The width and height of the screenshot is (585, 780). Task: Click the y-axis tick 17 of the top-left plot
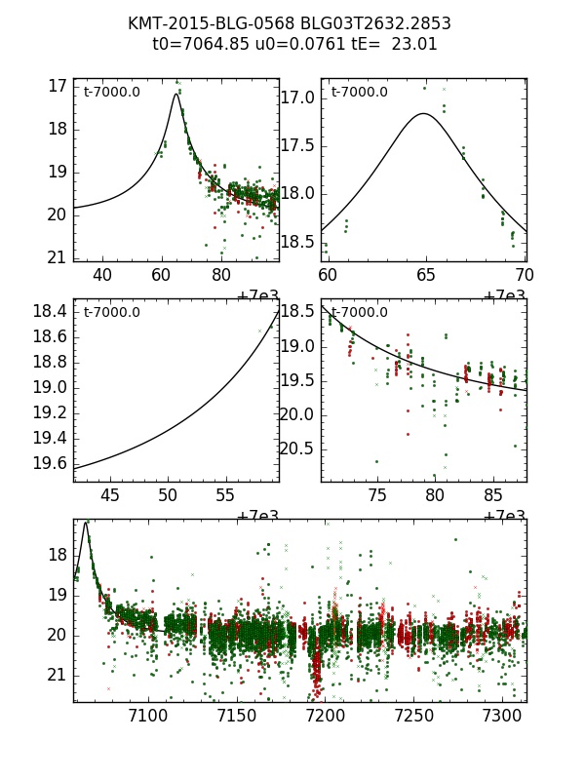(57, 86)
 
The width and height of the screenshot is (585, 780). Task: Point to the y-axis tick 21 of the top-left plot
(57, 257)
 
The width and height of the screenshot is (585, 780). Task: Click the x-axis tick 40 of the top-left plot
(102, 275)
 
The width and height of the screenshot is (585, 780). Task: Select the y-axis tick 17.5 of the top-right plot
(297, 145)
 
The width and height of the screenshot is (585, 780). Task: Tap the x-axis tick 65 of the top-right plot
(426, 275)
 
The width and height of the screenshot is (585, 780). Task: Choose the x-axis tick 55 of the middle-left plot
(225, 495)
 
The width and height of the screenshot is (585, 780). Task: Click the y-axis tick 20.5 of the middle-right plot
(297, 448)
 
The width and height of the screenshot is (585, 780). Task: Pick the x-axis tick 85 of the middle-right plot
(493, 495)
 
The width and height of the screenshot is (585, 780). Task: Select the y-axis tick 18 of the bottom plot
(57, 555)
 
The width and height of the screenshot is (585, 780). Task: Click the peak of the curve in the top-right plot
(423, 113)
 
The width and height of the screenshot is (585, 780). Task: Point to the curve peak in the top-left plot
(176, 94)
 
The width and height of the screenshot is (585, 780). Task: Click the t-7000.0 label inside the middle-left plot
(112, 313)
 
